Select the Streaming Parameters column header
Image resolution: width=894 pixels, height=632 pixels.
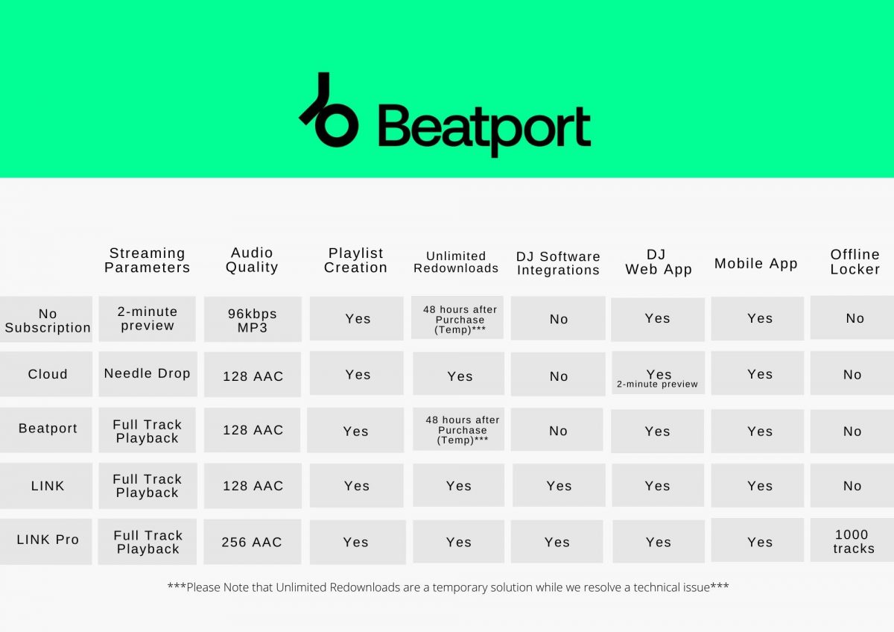[148, 260]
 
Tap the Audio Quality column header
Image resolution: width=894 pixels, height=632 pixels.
[252, 260]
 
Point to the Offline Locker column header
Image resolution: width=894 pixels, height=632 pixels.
[855, 262]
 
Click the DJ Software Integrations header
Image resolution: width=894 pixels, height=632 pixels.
[558, 263]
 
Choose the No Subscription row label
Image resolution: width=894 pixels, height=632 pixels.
[47, 320]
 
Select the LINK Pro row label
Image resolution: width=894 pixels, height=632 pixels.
[47, 540]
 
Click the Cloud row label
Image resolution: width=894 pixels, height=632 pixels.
[47, 374]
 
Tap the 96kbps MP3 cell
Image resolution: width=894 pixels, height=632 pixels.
[253, 320]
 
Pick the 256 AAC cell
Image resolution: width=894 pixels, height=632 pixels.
[253, 542]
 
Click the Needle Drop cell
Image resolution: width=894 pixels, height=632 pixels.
[148, 374]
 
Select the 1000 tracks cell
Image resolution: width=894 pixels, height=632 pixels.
[853, 541]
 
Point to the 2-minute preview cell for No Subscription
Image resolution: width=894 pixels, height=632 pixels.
[148, 319]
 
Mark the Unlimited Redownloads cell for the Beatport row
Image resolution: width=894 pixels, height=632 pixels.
[459, 430]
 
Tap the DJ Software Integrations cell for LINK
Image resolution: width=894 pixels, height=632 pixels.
[558, 486]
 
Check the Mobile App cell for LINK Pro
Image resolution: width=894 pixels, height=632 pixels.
[758, 542]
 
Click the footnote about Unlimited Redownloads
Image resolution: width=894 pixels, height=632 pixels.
[448, 587]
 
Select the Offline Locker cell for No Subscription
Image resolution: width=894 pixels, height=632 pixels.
[854, 319]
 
